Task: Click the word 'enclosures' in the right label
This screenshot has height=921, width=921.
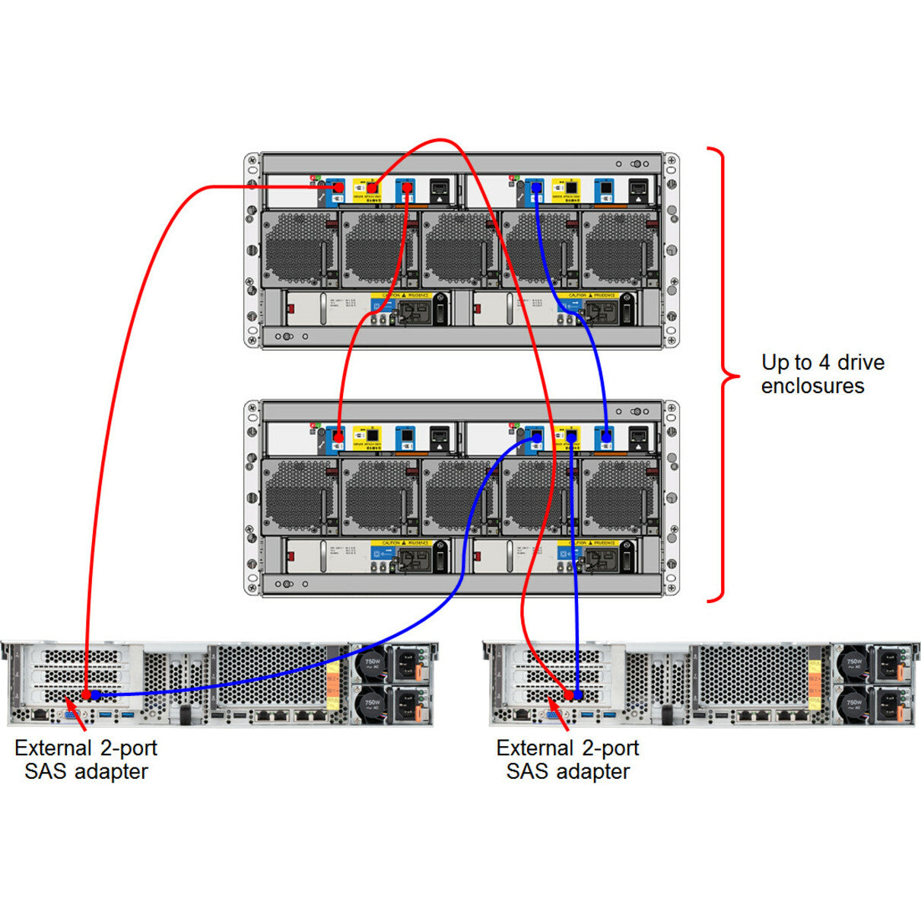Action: point(812,386)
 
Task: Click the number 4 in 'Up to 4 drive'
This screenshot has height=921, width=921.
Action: point(824,363)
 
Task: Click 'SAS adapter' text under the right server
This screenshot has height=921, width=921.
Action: point(568,772)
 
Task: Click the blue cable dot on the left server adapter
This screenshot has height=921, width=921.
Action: point(96,695)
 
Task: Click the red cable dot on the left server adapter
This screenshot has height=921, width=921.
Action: point(86,695)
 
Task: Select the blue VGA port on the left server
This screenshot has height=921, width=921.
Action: point(69,716)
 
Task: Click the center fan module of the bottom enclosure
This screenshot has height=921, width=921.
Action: point(459,497)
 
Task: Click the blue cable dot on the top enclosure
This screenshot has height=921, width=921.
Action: point(536,187)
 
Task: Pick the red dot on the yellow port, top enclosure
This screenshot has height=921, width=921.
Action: point(372,187)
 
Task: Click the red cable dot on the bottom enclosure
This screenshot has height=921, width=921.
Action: point(338,437)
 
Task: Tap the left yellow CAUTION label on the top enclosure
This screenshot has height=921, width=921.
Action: point(403,295)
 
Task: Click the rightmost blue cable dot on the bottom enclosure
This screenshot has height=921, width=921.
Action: point(605,437)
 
